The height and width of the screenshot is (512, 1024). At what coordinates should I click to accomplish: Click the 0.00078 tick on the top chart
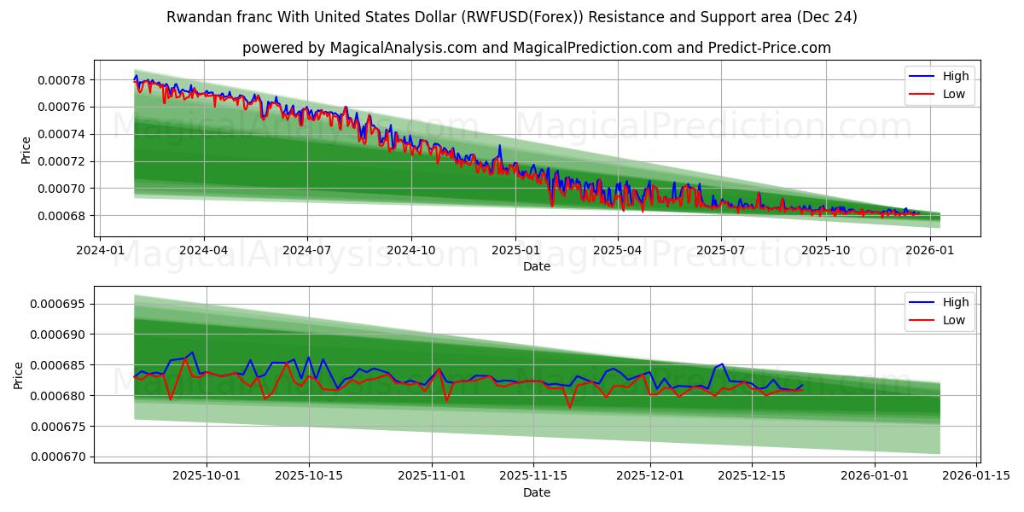point(61,80)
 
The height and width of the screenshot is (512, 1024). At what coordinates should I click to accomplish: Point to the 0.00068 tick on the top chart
point(61,216)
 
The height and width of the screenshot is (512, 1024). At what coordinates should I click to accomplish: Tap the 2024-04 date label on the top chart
point(203,250)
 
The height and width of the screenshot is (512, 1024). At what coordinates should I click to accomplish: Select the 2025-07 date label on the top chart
point(720,250)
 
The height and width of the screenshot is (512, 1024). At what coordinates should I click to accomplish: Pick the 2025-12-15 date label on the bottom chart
point(752,476)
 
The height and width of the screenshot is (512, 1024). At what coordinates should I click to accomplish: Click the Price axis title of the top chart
point(26,150)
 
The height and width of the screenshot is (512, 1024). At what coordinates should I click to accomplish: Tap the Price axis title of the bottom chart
point(19,375)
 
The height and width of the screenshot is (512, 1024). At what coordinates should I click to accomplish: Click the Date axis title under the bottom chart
point(536,492)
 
